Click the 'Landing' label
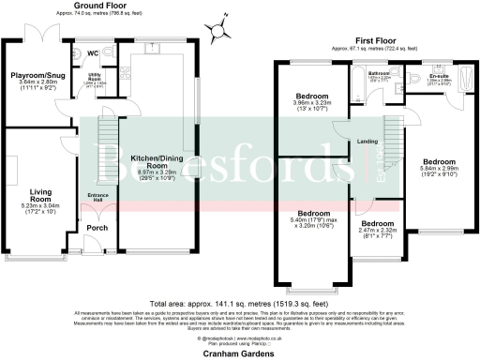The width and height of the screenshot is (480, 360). point(367,142)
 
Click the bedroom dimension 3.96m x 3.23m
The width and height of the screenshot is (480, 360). point(312,110)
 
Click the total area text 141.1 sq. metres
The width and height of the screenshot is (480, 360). point(240,303)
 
